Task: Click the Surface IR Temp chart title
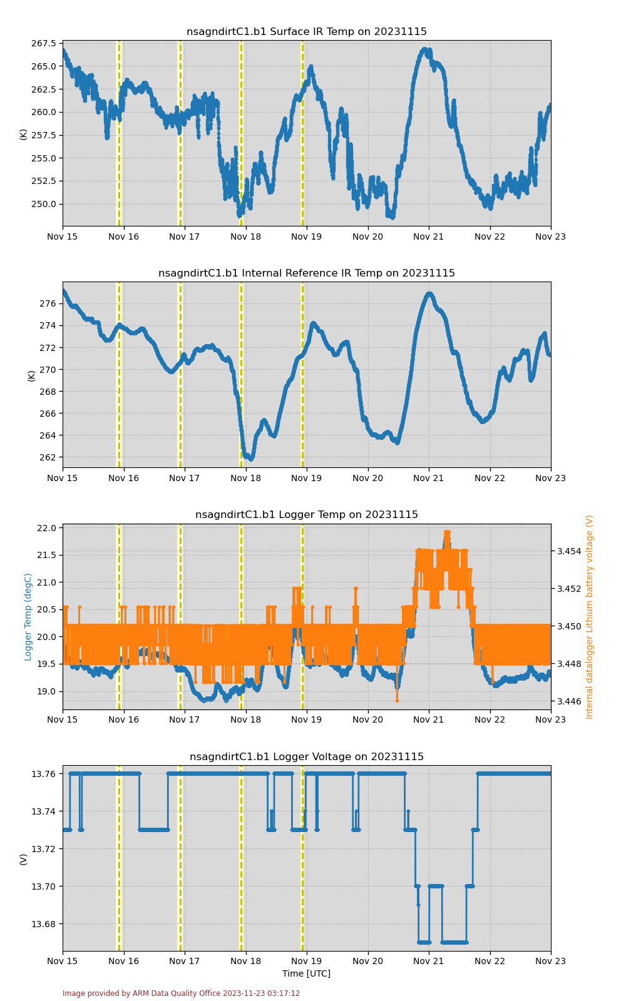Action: tap(307, 32)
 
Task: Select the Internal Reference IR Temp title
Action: tap(307, 273)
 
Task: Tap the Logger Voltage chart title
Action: tap(307, 757)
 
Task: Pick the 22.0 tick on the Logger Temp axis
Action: tap(46, 528)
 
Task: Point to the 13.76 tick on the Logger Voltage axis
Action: tap(44, 774)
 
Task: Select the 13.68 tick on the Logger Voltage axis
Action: tap(44, 924)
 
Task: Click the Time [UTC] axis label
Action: tap(307, 973)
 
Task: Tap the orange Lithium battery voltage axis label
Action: tap(590, 617)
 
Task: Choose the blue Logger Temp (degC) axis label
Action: tap(28, 617)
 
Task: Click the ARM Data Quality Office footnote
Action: tap(181, 993)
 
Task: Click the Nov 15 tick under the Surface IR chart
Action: tap(63, 236)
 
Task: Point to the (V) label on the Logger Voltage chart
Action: tap(24, 859)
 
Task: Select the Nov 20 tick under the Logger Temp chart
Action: tap(368, 719)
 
